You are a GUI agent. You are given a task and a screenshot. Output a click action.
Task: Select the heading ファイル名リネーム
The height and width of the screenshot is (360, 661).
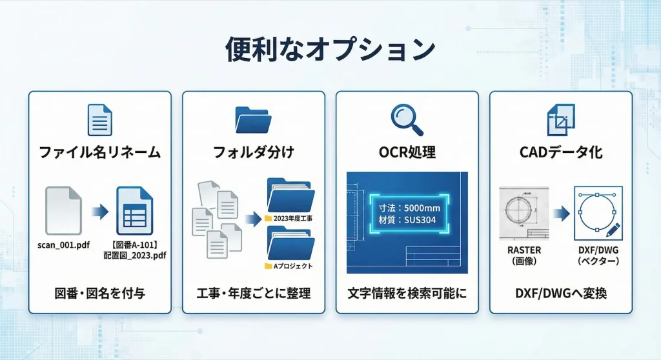click(x=99, y=153)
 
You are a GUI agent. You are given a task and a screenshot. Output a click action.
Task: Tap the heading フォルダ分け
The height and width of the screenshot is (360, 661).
click(x=254, y=153)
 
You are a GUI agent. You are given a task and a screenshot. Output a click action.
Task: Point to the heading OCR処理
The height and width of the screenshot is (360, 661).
click(x=407, y=153)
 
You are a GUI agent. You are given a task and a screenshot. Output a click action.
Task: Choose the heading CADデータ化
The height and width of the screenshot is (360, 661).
click(x=560, y=153)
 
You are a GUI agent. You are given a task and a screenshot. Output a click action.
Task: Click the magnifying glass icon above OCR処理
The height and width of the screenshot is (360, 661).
click(x=407, y=120)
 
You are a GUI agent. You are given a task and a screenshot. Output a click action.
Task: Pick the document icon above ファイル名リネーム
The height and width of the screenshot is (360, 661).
click(x=99, y=120)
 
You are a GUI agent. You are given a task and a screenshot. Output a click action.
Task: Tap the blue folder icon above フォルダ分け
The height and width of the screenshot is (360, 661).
click(x=254, y=120)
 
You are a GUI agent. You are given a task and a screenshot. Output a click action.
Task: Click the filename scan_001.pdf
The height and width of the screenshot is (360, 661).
click(x=64, y=245)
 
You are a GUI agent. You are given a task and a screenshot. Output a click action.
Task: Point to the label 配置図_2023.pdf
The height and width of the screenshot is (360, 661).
click(x=135, y=255)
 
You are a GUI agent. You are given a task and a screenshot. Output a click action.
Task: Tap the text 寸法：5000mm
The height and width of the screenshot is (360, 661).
click(x=409, y=208)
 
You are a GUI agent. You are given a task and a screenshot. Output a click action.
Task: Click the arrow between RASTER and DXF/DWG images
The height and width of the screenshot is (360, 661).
click(x=560, y=212)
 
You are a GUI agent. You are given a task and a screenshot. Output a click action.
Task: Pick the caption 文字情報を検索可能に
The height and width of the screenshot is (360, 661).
click(x=407, y=294)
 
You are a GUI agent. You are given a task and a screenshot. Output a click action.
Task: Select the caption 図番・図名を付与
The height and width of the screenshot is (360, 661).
click(x=99, y=294)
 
